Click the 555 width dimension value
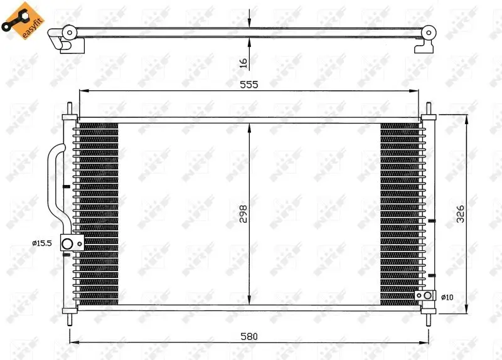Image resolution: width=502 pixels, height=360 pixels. (248, 84)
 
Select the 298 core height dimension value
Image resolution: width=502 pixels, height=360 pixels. (243, 214)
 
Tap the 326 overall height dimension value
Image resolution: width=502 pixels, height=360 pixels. (460, 214)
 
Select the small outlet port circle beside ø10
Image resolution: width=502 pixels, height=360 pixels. (427, 295)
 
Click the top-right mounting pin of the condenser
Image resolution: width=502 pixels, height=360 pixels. (429, 109)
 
